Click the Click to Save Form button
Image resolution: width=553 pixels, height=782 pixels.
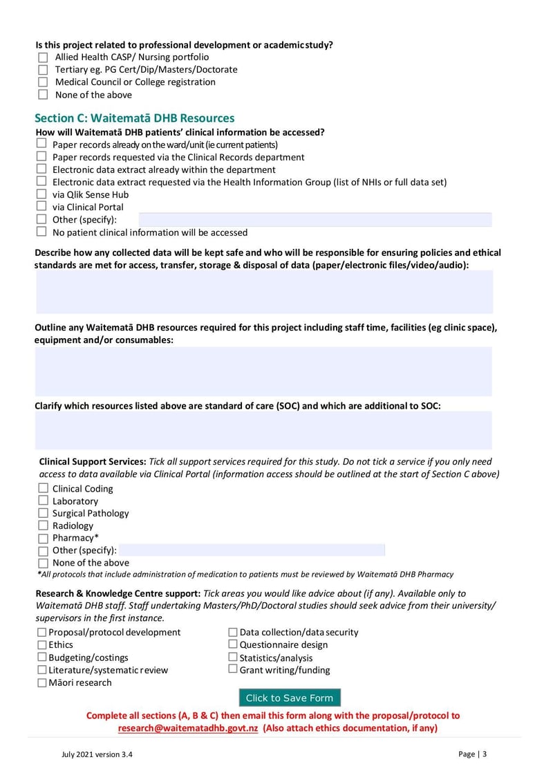(290, 698)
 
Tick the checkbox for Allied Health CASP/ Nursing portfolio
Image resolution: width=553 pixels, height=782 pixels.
(43, 57)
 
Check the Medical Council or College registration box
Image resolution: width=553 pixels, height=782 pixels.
(43, 82)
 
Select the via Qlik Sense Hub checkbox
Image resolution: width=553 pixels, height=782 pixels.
(41, 194)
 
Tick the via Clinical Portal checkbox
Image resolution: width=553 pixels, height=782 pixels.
(41, 207)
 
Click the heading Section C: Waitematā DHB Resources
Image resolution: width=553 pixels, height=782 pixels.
(135, 118)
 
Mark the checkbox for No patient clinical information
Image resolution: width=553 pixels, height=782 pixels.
(41, 232)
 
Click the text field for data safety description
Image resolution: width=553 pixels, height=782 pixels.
(264, 292)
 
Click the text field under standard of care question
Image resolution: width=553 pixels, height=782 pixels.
(264, 430)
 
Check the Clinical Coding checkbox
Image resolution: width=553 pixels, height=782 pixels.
(43, 489)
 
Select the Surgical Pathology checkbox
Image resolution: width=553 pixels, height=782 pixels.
(43, 513)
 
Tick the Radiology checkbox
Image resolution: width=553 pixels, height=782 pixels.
(43, 525)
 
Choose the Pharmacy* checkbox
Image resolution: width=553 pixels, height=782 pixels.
(43, 538)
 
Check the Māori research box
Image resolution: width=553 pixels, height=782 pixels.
(42, 683)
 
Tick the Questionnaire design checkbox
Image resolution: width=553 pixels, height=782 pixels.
(233, 645)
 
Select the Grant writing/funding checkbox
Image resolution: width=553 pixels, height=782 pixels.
(233, 670)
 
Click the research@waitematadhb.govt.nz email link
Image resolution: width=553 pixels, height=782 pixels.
(188, 729)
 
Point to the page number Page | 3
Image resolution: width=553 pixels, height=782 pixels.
(472, 754)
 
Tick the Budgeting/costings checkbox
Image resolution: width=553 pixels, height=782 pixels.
(42, 658)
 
